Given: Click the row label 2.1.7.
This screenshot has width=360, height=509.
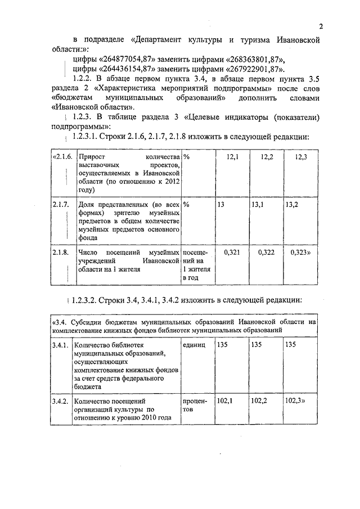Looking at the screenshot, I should click(60, 205).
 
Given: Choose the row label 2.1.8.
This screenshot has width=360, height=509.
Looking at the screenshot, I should click(60, 253).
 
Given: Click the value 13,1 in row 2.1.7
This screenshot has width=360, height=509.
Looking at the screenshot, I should click(258, 205).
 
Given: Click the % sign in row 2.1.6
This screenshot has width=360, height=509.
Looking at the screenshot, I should click(186, 156).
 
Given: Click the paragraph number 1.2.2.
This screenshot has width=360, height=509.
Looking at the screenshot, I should click(86, 78).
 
